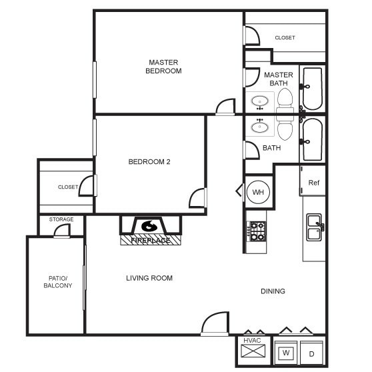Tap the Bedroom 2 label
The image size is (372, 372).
[x=150, y=161]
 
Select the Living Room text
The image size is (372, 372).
[x=149, y=278]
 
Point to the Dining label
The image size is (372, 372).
[x=273, y=291]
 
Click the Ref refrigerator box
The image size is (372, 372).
[x=313, y=182]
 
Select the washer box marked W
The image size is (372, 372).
[x=285, y=352]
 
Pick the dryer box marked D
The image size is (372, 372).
[x=311, y=352]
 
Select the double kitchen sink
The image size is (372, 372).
[x=313, y=227]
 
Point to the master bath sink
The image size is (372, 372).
[x=259, y=102]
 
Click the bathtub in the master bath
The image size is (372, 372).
[x=312, y=89]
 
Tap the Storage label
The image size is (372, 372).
[x=61, y=219]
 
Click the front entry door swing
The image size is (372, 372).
[x=215, y=325]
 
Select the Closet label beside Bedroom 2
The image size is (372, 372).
[x=68, y=187]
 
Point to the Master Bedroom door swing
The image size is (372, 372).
[x=225, y=107]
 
